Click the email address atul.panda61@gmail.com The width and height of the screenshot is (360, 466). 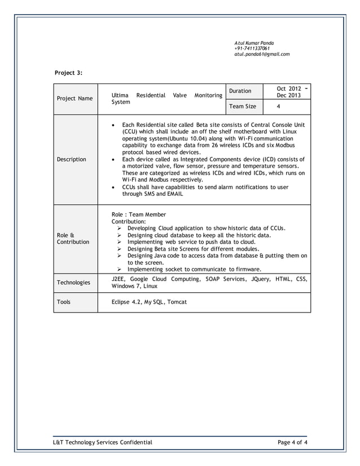click(x=262, y=54)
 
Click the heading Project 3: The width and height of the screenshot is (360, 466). click(x=68, y=73)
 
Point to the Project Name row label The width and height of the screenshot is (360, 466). click(x=75, y=99)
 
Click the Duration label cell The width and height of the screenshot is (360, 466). click(x=240, y=91)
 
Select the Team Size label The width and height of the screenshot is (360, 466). click(x=242, y=106)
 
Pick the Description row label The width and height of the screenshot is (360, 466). click(x=71, y=159)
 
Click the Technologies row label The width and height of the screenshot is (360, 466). click(x=74, y=282)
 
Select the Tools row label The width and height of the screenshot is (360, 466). click(x=64, y=302)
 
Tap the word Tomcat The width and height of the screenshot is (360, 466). click(x=176, y=302)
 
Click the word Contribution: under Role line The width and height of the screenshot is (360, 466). click(x=129, y=222)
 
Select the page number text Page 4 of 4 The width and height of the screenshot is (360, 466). click(x=292, y=442)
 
